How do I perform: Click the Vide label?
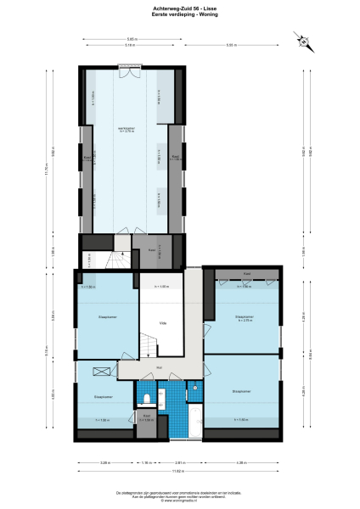163,322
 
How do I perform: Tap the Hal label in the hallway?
160,367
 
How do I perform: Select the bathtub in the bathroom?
194,420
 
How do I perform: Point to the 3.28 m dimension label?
105,462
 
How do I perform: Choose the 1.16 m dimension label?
146,462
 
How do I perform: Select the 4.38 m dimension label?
240,462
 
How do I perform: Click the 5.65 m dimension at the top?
132,39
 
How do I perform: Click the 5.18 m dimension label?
130,44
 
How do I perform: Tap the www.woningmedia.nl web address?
180,500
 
